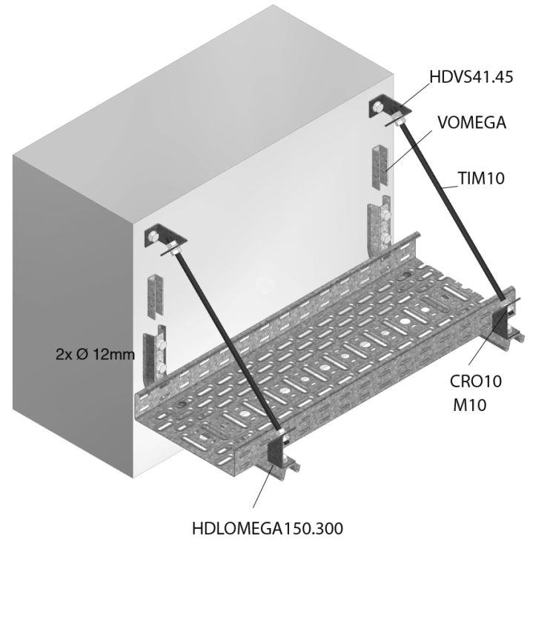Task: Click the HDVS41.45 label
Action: click(471, 77)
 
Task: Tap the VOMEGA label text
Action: click(472, 122)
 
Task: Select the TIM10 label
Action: click(481, 178)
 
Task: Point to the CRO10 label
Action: click(476, 381)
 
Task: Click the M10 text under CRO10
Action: click(469, 404)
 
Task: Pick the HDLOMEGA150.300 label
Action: click(268, 529)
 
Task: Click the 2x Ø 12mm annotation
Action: click(95, 355)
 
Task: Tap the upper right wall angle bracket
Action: click(389, 106)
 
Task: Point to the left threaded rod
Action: click(227, 343)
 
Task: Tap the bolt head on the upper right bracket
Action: click(377, 107)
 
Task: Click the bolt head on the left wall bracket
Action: click(153, 237)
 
